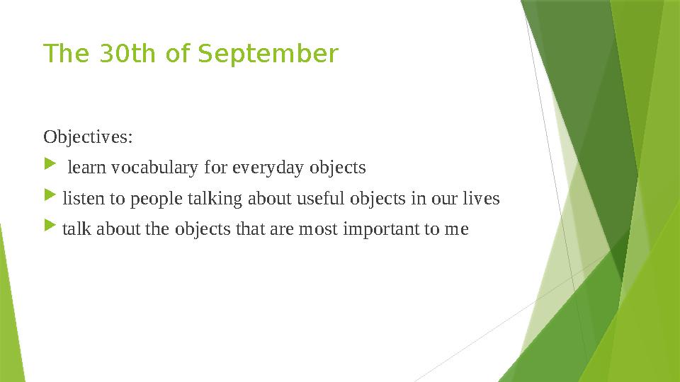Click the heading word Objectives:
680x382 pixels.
click(88, 136)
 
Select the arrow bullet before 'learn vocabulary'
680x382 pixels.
click(49, 167)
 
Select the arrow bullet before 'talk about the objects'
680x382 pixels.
click(49, 229)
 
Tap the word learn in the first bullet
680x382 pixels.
click(86, 168)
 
